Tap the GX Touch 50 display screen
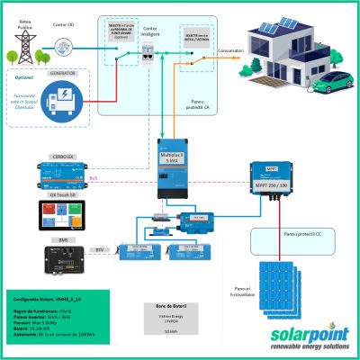tap(62, 213)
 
